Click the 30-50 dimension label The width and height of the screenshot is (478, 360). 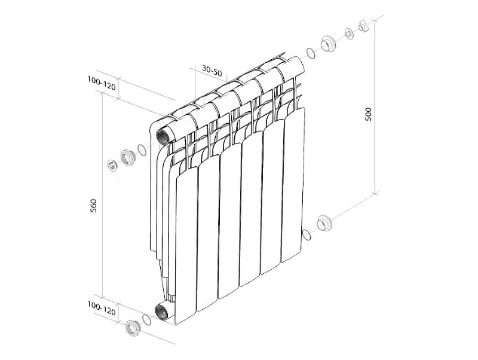coord(212,71)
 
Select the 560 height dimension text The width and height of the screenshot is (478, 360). coord(94,205)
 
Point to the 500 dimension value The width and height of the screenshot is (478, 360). coord(369,114)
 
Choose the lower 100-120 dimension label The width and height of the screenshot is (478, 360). coord(102,308)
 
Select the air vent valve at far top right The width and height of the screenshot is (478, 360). coord(364,26)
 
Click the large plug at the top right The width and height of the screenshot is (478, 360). coord(328,44)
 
